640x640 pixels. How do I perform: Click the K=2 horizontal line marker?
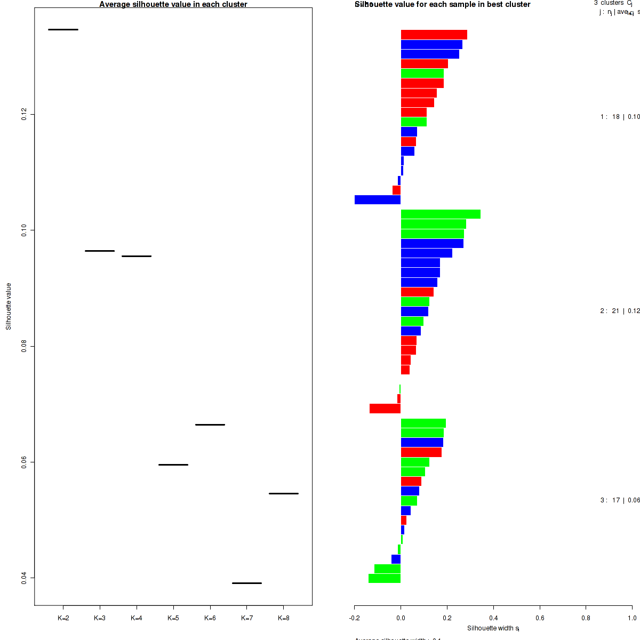click(63, 29)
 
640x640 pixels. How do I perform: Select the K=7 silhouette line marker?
click(247, 583)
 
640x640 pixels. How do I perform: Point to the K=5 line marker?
click(173, 465)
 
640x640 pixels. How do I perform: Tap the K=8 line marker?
click(284, 493)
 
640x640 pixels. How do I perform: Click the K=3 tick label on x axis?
click(100, 618)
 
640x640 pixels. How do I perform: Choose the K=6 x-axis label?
click(210, 618)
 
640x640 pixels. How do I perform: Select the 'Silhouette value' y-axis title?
click(9, 306)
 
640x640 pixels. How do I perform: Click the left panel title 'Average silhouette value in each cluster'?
click(173, 4)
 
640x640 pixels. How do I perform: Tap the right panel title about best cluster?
click(443, 4)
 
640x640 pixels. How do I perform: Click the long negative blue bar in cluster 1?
click(378, 200)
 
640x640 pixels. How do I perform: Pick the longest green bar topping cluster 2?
click(441, 214)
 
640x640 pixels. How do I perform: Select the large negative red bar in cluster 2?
click(385, 409)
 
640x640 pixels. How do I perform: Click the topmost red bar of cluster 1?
click(434, 35)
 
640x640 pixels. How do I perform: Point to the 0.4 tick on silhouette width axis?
click(493, 618)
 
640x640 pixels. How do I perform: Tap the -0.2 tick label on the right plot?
click(355, 618)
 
